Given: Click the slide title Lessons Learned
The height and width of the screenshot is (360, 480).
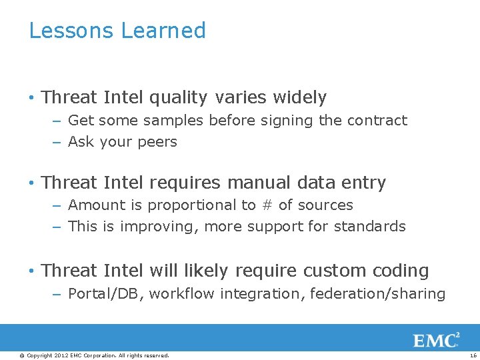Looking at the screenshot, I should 117,31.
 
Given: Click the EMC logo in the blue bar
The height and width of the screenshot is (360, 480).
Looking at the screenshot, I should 436,341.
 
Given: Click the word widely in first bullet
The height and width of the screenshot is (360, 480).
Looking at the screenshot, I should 299,97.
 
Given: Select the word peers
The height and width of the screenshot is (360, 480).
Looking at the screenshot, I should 157,142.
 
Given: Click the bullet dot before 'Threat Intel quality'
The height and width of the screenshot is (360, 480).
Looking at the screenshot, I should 31,98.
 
